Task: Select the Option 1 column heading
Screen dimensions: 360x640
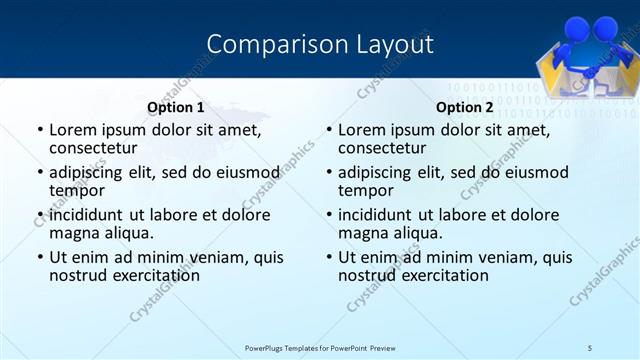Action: pos(175,107)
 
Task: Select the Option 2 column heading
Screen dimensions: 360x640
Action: pos(464,107)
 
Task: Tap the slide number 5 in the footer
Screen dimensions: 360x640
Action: pos(590,347)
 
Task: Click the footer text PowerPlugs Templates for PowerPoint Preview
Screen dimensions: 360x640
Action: pos(321,347)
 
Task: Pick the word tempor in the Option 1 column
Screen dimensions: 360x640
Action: pos(77,190)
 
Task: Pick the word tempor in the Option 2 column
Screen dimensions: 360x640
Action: pos(366,190)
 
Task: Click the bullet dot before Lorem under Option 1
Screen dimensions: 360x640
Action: pos(39,130)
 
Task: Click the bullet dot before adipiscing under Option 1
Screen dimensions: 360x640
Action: pos(39,173)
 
